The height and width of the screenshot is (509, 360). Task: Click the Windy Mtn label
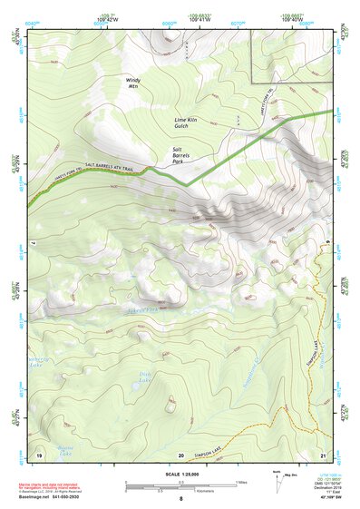pos(133,84)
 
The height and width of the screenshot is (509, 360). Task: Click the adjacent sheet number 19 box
pos(39,454)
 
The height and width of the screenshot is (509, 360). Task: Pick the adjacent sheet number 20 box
pos(181,455)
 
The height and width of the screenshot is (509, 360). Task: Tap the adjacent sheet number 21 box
pos(324,454)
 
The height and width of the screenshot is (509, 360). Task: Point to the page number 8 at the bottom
pos(180,500)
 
